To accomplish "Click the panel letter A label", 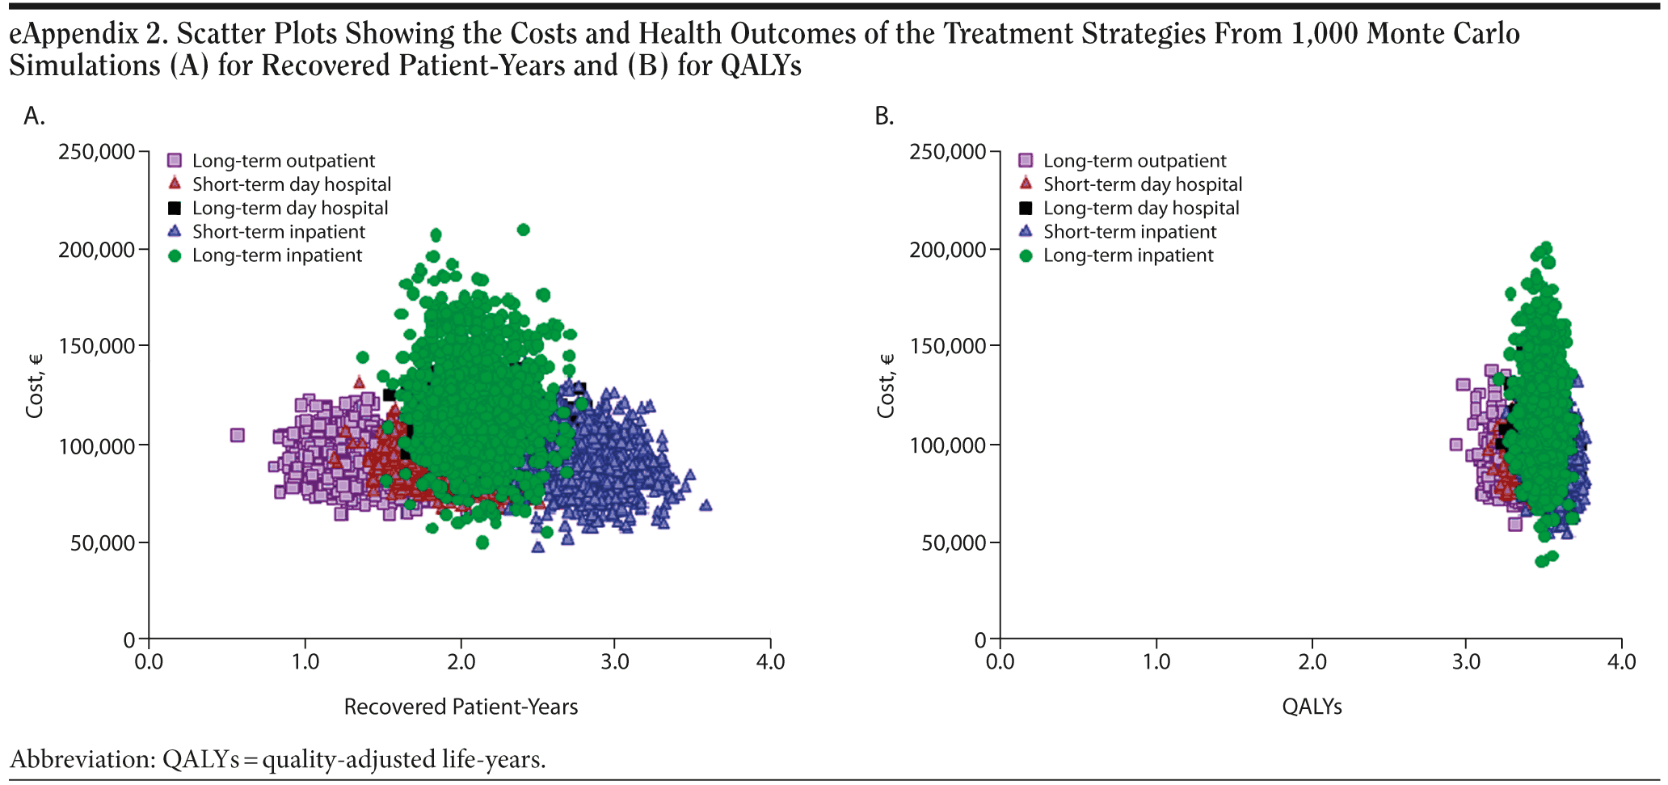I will click(x=34, y=116).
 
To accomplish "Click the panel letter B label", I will click(x=884, y=116).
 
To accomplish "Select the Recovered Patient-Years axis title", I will click(x=461, y=707).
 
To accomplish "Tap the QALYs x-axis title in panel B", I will click(x=1312, y=707).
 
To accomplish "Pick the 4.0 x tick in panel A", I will click(x=770, y=662).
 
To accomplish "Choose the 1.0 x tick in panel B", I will click(x=1156, y=662).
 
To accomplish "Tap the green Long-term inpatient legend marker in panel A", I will click(x=175, y=255).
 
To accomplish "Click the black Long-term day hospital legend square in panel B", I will click(x=1026, y=209).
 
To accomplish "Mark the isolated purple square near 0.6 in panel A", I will click(x=238, y=435).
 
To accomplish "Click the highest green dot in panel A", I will click(x=523, y=230).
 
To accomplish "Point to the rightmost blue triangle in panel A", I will click(x=706, y=505).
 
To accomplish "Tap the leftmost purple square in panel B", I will click(x=1456, y=445).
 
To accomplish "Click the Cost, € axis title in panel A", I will click(x=34, y=386).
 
